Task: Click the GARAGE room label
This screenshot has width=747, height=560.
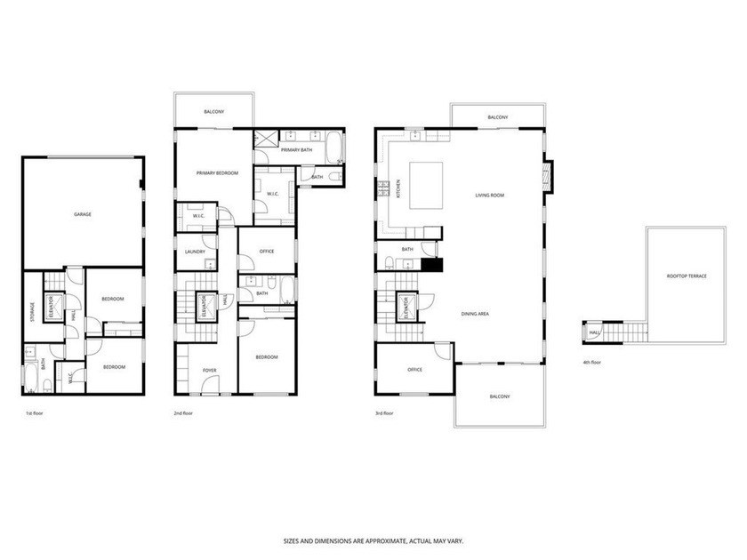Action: click(x=83, y=214)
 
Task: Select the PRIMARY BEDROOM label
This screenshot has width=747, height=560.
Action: click(x=218, y=172)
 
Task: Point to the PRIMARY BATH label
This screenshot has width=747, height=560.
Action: click(x=296, y=150)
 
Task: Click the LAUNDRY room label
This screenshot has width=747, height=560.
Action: click(x=195, y=252)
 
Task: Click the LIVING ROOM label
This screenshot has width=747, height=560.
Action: click(x=489, y=195)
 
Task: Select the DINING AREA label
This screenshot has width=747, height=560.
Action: click(x=475, y=314)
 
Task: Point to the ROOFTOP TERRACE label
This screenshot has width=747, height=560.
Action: click(x=687, y=276)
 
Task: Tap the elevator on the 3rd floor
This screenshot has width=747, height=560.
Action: click(x=407, y=308)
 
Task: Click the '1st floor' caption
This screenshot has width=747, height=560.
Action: click(x=34, y=413)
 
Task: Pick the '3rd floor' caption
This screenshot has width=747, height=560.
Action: click(x=386, y=413)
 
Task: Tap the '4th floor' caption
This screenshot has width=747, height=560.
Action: click(x=591, y=362)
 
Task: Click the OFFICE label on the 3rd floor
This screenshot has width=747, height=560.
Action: click(x=414, y=369)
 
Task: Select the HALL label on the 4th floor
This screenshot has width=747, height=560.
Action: click(x=592, y=334)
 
